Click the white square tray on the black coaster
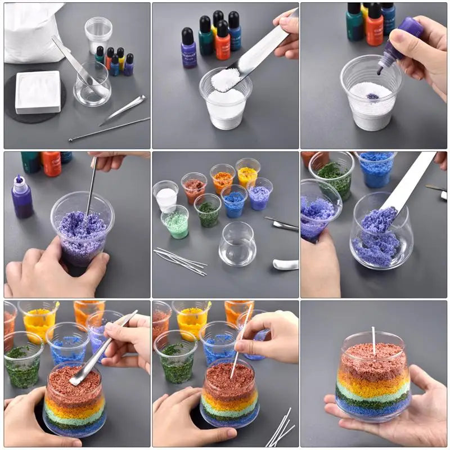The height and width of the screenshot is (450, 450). (38, 92)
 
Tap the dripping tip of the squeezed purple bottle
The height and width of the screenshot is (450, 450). (380, 71)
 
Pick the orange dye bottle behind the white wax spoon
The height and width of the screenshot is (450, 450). (223, 42)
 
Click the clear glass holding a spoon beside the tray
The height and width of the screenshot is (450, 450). (92, 85)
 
